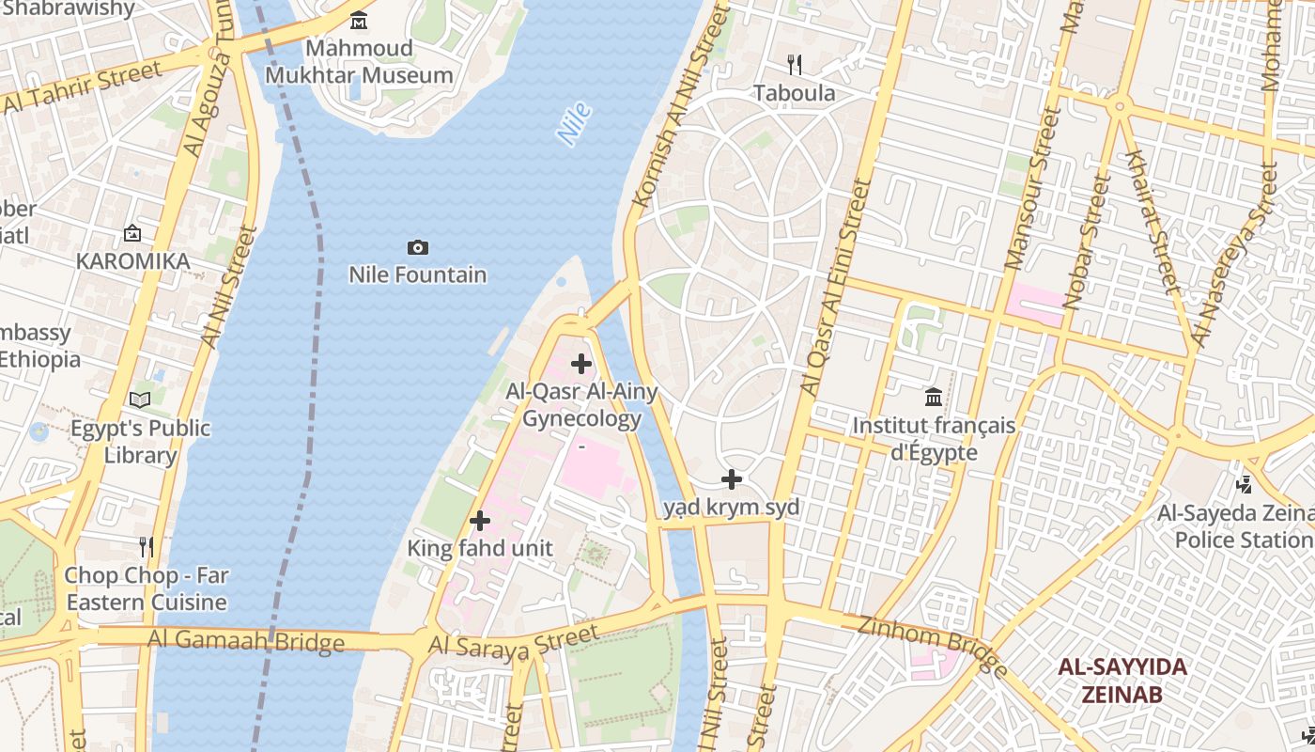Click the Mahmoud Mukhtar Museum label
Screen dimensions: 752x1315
359,61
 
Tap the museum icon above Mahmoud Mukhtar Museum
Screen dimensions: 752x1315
359,20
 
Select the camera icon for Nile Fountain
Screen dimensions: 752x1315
418,247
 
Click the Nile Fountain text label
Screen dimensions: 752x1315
418,274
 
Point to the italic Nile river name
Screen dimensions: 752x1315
574,123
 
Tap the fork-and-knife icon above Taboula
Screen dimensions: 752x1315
795,64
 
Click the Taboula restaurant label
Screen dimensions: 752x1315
795,93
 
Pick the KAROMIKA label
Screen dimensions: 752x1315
132,260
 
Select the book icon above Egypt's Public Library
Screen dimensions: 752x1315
140,399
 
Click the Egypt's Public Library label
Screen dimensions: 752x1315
141,442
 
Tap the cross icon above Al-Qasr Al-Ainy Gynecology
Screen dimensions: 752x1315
581,363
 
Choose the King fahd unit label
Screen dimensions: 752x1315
480,548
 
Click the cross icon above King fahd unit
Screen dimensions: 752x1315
480,520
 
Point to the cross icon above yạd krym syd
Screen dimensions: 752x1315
732,479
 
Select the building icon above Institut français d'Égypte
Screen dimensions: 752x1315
934,397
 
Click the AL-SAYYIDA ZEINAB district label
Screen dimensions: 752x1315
1122,681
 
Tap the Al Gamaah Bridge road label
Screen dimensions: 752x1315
246,641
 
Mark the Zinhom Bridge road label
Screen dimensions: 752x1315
933,645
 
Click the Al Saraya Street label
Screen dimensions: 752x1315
513,643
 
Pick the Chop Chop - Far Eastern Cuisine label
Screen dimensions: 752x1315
147,588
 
